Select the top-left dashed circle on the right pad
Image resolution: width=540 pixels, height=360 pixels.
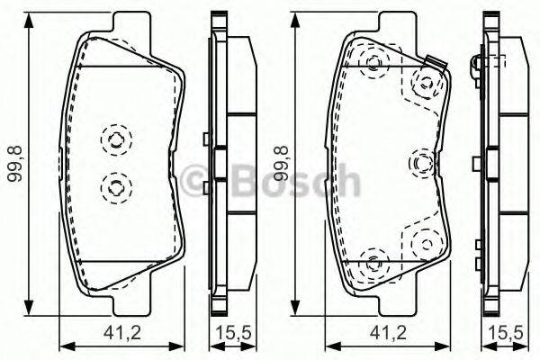[x=373, y=62]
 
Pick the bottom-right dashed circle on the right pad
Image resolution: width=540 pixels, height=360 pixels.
[x=420, y=242]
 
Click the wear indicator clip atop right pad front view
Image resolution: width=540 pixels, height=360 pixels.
[x=436, y=64]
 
